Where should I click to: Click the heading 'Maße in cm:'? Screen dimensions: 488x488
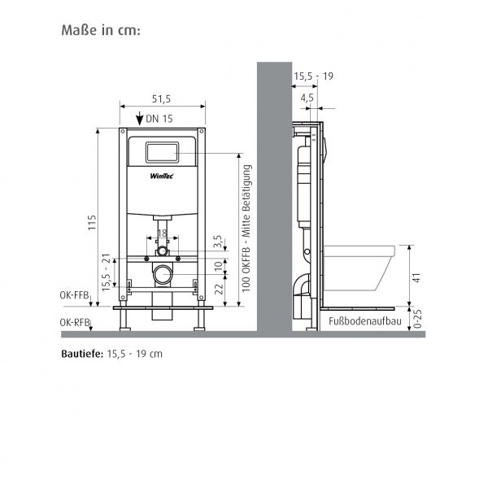click(101, 30)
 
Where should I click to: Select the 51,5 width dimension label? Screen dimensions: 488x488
click(161, 99)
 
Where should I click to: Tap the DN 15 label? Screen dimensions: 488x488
click(159, 119)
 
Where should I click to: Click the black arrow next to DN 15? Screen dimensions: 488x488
click(140, 119)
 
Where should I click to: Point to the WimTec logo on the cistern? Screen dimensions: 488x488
click(162, 176)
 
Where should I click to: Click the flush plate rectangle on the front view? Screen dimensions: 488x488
click(162, 152)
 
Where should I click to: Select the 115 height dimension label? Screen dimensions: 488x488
click(92, 223)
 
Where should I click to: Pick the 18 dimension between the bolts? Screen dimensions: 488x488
click(162, 233)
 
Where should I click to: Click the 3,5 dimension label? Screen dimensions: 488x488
click(218, 242)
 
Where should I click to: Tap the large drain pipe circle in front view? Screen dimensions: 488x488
click(163, 275)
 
